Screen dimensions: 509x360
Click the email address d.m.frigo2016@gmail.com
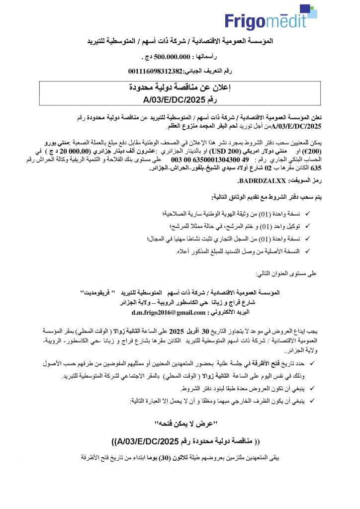[x=169, y=313]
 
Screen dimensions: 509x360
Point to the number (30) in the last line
[x=166, y=456]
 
